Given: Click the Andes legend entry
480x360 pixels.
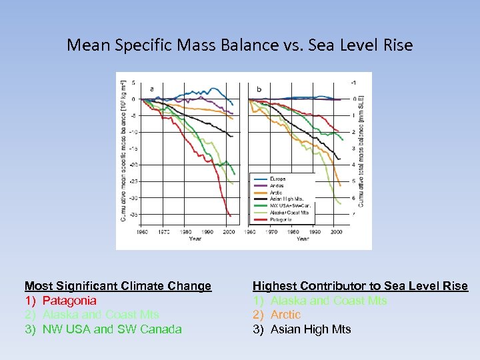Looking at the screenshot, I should [277, 186].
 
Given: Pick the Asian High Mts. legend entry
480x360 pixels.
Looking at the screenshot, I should [285, 199].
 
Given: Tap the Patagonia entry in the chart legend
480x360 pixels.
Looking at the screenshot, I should [281, 219].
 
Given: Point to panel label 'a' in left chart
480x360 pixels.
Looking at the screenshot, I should [152, 88].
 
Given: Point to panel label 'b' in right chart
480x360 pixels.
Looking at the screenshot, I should [259, 89].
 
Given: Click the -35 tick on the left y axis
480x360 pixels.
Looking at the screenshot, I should [133, 215].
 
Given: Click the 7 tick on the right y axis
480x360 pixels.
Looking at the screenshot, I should [353, 214].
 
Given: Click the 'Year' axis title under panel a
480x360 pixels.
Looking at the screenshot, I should [195, 238].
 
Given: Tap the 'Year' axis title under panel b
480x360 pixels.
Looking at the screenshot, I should [303, 238].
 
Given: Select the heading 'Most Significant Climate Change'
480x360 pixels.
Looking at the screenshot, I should [118, 286].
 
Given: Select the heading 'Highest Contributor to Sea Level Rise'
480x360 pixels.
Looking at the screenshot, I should [360, 286].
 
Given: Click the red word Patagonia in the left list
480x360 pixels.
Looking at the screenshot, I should [69, 301].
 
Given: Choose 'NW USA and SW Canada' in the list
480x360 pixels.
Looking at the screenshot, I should [111, 329].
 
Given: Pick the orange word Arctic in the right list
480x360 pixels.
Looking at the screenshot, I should [285, 315].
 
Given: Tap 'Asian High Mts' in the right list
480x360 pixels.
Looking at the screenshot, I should [310, 329].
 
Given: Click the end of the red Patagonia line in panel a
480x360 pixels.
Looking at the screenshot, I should [230, 216].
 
